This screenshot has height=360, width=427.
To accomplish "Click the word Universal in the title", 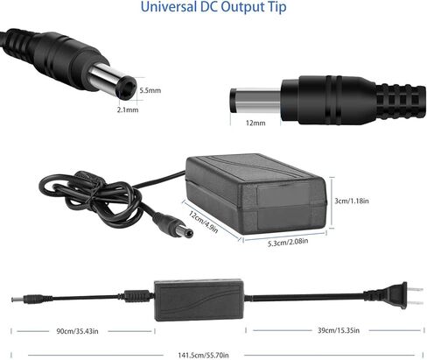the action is tap(168, 6).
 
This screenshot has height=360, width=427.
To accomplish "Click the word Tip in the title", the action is tap(277, 7).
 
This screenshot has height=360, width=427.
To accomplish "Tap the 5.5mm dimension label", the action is tap(150, 90).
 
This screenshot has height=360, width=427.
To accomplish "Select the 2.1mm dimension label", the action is tap(128, 109).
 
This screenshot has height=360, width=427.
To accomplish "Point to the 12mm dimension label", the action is tap(255, 123).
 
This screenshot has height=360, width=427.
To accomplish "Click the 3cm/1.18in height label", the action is tap(352, 201).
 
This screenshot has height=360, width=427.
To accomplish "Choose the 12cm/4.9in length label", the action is tap(203, 222).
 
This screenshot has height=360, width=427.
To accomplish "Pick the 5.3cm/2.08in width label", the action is tap(288, 242).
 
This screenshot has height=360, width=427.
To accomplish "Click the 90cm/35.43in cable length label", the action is tap(77, 331).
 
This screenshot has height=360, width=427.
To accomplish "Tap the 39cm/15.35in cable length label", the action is tap(339, 330).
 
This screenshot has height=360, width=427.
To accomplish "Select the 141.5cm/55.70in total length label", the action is tap(203, 355).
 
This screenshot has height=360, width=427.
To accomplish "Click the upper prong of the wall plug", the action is tap(415, 290).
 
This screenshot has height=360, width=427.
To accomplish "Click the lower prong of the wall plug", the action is tap(415, 303).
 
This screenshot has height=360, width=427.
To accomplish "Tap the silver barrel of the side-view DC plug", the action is tap(255, 101).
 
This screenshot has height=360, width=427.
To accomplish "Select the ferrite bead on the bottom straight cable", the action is tap(136, 296).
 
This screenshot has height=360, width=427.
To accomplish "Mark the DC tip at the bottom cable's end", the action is tap(17, 300).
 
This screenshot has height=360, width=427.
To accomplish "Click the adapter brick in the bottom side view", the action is tap(199, 300).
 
